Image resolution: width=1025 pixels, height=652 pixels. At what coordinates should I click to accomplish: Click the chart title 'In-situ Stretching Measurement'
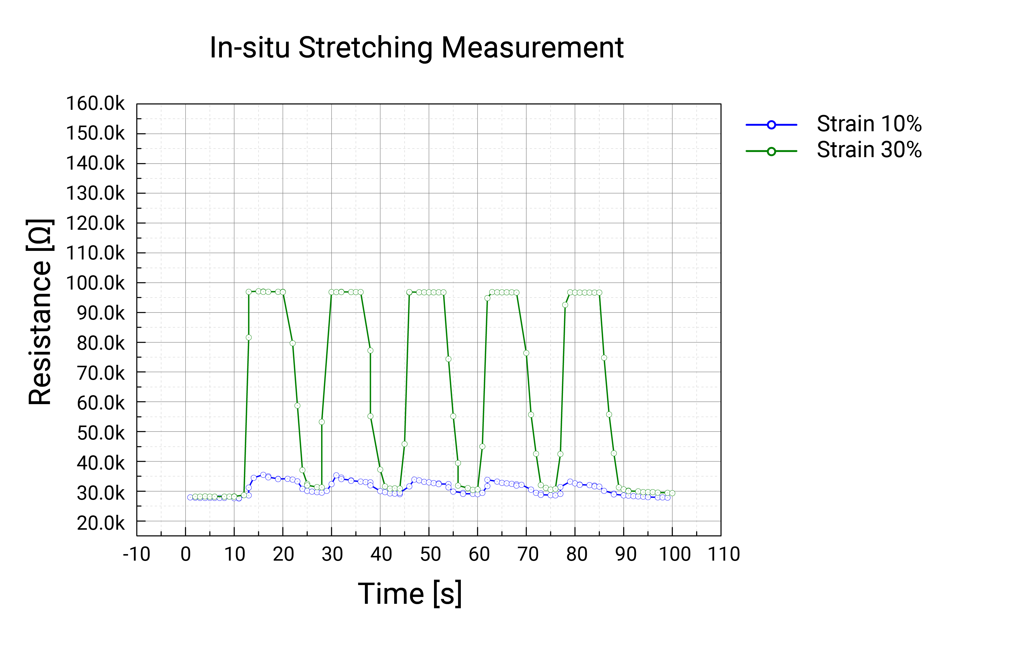coord(416,47)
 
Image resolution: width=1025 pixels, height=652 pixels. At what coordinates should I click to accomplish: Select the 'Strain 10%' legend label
coord(869,124)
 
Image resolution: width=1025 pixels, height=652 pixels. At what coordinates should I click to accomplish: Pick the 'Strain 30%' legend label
coord(869,150)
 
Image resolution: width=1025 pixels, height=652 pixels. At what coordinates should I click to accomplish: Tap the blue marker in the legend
coord(771,125)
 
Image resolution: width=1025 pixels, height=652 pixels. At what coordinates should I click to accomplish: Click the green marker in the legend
coord(771,151)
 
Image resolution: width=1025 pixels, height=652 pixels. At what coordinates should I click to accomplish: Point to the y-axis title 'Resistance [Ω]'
coord(40,312)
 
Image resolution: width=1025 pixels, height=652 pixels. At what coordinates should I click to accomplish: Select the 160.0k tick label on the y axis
coord(95,103)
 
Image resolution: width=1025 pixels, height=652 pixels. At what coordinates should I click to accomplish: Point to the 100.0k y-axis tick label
coord(95,283)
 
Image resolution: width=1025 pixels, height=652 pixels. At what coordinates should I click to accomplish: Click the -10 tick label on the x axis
coord(137,554)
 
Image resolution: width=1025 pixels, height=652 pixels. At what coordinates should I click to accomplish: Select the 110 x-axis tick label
coord(724,554)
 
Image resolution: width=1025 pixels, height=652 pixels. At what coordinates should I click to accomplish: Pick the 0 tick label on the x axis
coord(186,554)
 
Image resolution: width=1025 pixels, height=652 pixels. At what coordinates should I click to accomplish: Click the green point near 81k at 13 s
coord(249,337)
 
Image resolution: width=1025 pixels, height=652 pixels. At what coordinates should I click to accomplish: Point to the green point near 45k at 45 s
coord(405,444)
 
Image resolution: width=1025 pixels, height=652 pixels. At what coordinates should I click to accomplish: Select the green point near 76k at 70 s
coord(526,353)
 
